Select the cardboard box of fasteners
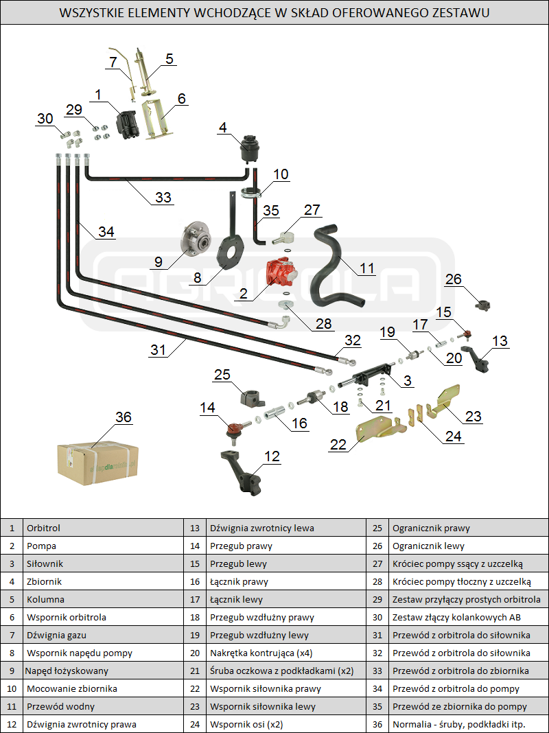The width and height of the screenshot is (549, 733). coord(97,459)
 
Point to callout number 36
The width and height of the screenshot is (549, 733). coord(124,417)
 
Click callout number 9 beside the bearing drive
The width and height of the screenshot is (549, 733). coord(158,261)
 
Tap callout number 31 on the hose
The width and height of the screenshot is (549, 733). coord(159,349)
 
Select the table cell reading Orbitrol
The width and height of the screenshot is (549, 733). coord(44,528)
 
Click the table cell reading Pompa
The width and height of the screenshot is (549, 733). coord(41,546)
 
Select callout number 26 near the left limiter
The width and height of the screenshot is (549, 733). coord(454,279)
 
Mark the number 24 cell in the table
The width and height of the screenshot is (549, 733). coord(195,724)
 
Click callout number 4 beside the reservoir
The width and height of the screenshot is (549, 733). coord(222,127)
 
